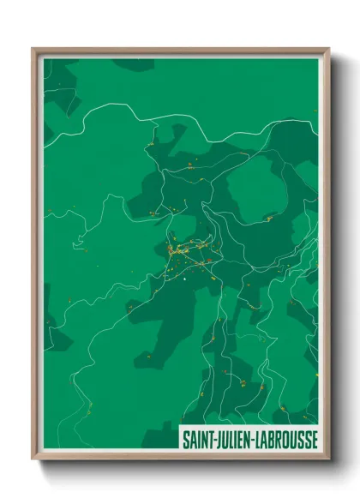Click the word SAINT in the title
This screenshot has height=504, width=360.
[196, 439]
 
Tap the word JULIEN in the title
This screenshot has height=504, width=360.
[231, 439]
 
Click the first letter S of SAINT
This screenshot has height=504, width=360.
[184, 439]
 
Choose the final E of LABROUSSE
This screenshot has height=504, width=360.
[313, 439]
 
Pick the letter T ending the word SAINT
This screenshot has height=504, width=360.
[208, 439]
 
